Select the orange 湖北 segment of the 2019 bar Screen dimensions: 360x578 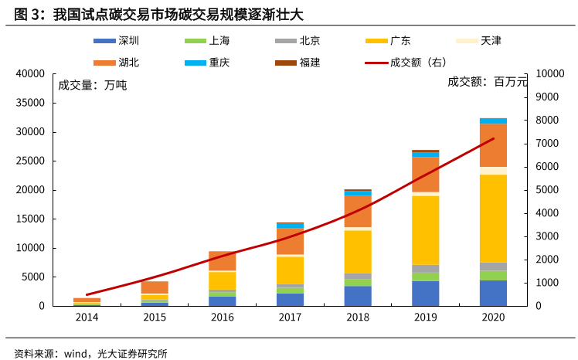(x=425, y=174)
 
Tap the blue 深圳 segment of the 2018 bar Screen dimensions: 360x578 (x=357, y=296)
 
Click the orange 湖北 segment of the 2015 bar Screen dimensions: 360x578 (x=154, y=287)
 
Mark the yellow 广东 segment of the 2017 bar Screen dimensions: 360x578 (x=290, y=270)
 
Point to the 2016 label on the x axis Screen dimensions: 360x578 (x=222, y=318)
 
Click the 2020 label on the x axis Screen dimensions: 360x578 (x=493, y=318)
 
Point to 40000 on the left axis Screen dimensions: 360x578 (x=30, y=73)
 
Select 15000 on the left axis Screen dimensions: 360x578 (x=30, y=219)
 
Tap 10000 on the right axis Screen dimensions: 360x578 (x=550, y=73)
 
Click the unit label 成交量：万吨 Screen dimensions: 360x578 (x=92, y=85)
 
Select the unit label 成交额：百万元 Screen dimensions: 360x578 (x=487, y=81)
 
